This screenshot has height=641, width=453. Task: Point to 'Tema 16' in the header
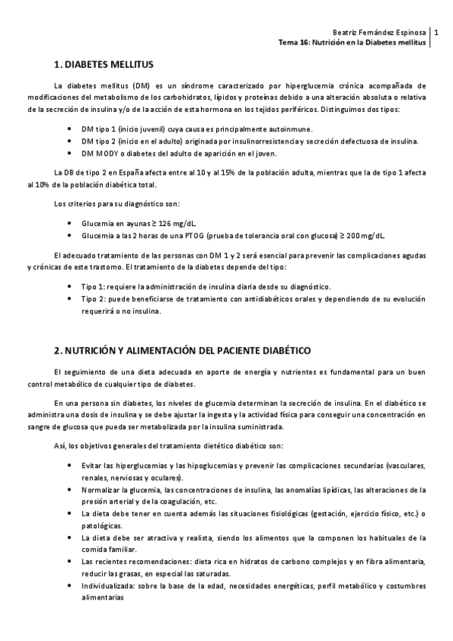tap(293, 44)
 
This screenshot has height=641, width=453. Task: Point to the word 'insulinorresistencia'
tap(256, 141)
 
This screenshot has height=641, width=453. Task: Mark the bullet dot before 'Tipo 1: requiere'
tap(70, 288)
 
